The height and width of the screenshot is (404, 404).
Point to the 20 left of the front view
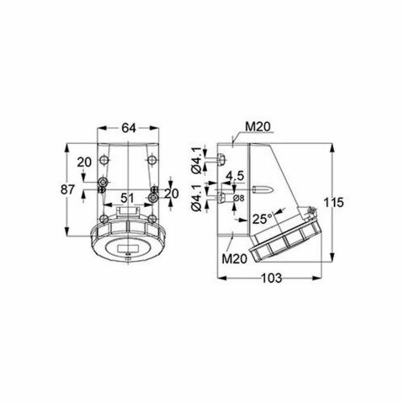click(x=84, y=162)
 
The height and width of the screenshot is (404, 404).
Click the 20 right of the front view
click(x=172, y=193)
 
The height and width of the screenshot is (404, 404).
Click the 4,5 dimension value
click(x=236, y=176)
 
